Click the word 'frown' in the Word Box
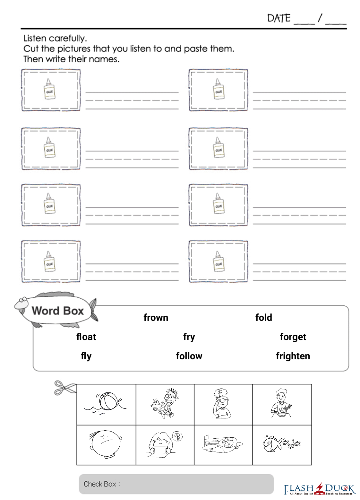coord(156,317)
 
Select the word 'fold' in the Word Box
coord(264,317)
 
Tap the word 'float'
coord(86,337)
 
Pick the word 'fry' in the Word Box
coord(189,337)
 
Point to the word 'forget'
coord(293,337)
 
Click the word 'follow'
coord(189,356)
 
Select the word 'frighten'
coord(293,356)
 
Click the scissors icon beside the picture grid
coord(65,388)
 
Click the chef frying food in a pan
coord(281,403)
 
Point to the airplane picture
coord(222,444)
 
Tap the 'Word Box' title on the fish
coord(57,311)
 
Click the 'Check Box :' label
coord(102,484)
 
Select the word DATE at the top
coord(279,18)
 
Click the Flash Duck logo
coord(320,489)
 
